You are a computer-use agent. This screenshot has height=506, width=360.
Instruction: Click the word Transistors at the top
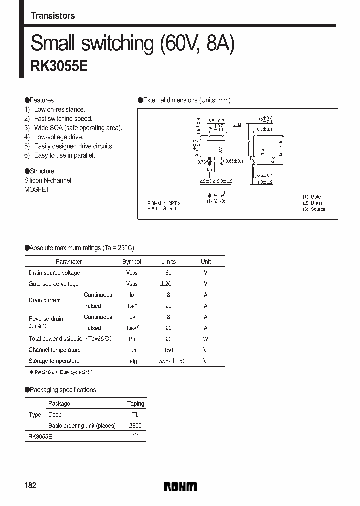point(53,16)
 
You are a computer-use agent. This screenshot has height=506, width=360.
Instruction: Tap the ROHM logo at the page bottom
point(180,486)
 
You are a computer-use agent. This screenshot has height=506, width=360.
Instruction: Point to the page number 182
point(30,485)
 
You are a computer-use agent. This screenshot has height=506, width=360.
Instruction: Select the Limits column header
point(168,261)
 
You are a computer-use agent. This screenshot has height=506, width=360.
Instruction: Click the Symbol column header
point(132,261)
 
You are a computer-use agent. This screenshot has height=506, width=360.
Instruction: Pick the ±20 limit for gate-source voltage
point(168,284)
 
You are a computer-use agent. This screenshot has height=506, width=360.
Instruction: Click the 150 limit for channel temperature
point(168,350)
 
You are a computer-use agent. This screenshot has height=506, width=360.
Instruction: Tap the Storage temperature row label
point(54,361)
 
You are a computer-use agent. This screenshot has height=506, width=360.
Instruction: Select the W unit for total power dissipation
point(206,339)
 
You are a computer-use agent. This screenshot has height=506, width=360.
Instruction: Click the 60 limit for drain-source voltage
point(168,273)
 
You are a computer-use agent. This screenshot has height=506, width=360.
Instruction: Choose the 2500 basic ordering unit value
point(135,426)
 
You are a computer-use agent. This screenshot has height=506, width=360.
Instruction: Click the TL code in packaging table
point(135,415)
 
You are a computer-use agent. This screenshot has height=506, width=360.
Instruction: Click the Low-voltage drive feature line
point(58,137)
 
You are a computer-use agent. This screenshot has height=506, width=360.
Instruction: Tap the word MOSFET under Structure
point(37,190)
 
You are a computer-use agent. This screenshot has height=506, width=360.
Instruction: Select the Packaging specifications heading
point(62,390)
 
